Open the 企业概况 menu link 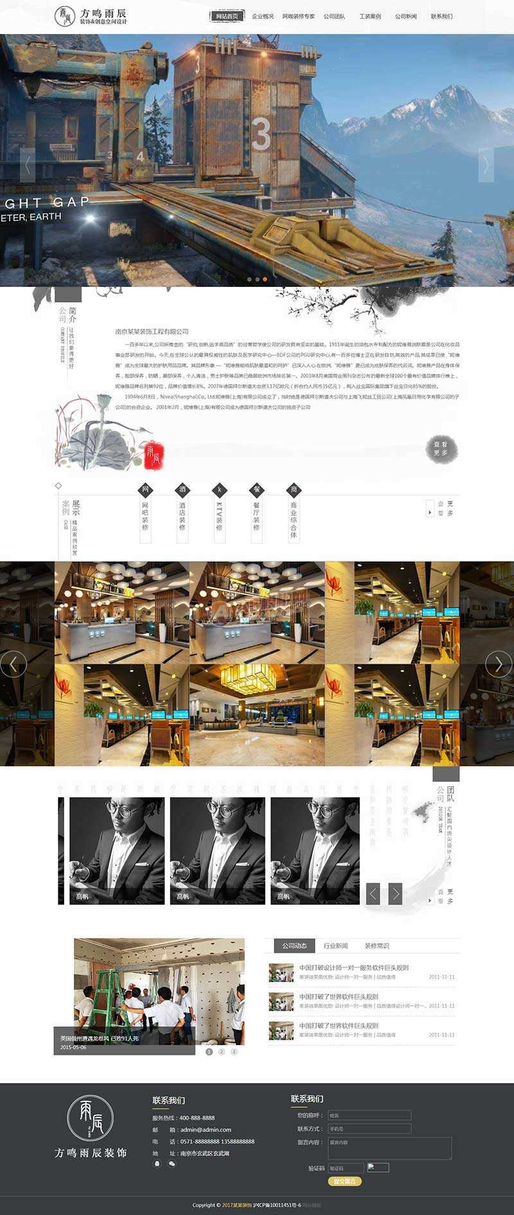262,17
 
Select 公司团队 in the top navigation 333,17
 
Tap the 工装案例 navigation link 369,17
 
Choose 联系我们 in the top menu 441,17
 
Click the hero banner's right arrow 486,165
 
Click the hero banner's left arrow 27,165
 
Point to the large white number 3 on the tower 261,134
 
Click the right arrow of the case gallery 498,664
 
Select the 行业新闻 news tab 335,945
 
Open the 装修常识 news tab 377,945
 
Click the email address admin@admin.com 206,1130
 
